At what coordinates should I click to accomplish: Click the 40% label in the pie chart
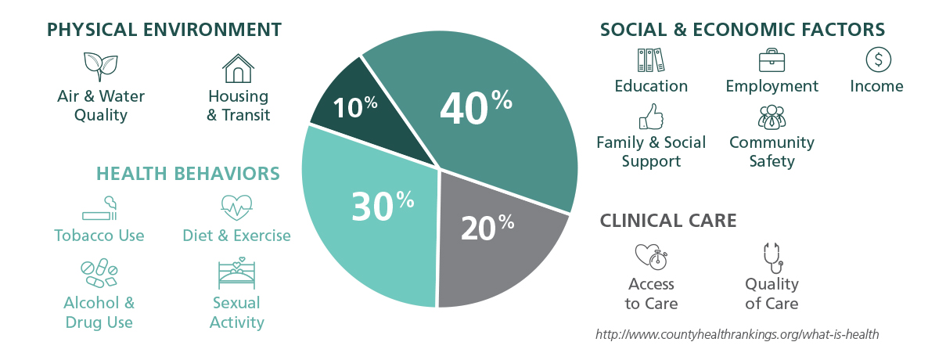476,107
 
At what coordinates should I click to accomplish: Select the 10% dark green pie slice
354,106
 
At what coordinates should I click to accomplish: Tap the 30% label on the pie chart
382,205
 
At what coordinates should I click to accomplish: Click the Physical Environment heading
164,30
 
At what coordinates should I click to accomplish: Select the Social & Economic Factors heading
743,30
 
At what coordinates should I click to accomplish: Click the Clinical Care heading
668,221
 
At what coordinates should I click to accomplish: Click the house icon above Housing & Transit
238,68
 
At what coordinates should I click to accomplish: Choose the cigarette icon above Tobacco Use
99,209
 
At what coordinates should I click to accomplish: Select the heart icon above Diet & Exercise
236,207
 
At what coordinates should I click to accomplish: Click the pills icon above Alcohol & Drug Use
99,273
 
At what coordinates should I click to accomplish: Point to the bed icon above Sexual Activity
236,273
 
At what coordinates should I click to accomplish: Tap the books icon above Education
650,60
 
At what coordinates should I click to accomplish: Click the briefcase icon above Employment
772,60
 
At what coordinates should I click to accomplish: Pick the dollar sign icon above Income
878,59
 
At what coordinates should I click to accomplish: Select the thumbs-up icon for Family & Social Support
651,117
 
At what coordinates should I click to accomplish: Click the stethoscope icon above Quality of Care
772,257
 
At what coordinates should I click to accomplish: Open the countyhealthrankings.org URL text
737,334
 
